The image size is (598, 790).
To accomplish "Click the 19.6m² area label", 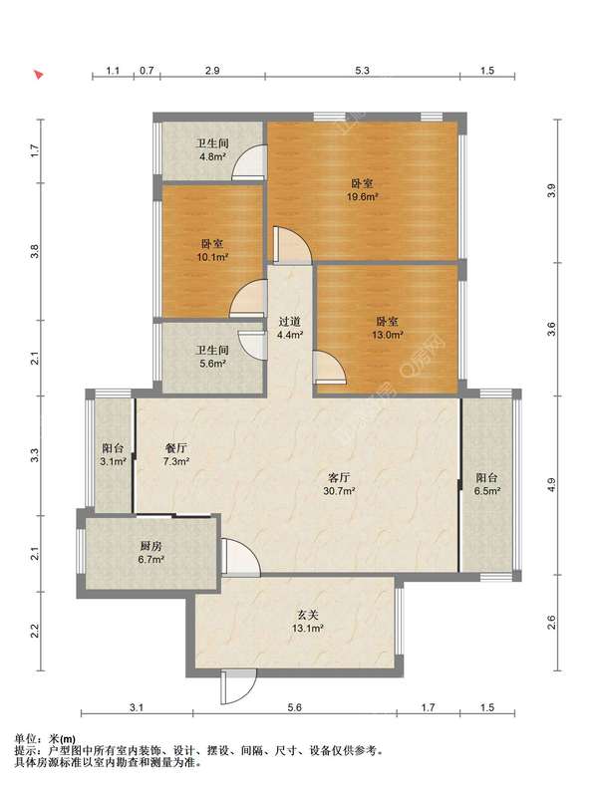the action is (x=362, y=197).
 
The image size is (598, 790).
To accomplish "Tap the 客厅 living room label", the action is (x=339, y=477).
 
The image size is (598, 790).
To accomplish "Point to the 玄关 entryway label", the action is (x=307, y=615).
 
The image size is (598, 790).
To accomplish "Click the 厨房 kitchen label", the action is (x=150, y=546).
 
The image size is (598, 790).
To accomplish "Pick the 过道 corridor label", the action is (x=290, y=321).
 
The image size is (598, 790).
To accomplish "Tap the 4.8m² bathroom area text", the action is (x=212, y=156).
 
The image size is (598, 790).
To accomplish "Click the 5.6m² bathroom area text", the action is (x=212, y=363).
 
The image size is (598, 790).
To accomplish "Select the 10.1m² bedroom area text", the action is (x=212, y=257).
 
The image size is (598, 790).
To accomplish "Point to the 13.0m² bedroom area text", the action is (x=388, y=335).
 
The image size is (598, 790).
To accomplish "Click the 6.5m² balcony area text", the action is (x=487, y=491).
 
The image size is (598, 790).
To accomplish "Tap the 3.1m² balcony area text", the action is (x=113, y=461).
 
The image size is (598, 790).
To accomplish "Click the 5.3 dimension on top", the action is (x=362, y=71).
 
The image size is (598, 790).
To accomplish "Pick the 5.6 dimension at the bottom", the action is (x=294, y=708).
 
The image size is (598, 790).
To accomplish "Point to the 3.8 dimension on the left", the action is (x=34, y=251).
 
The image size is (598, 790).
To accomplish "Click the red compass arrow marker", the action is (x=38, y=75).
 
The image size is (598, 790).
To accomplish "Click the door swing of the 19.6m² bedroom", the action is (x=292, y=245).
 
